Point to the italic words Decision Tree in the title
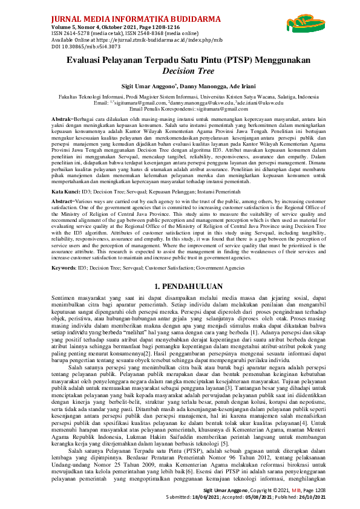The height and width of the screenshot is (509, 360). click(x=180, y=71)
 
